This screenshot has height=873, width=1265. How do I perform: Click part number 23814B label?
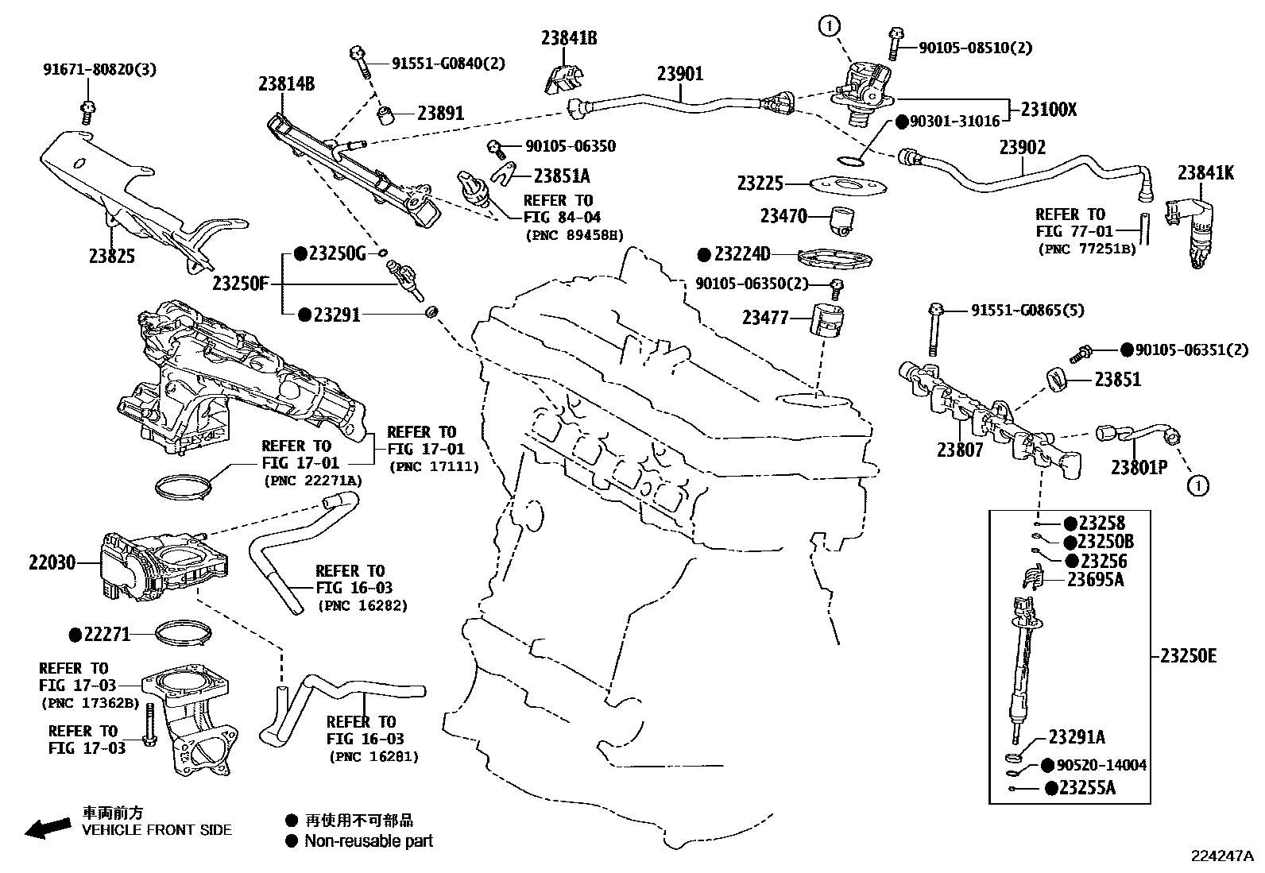[x=286, y=83]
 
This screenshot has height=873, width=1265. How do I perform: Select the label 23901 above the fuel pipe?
[x=679, y=74]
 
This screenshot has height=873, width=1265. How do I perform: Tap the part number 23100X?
[x=1048, y=110]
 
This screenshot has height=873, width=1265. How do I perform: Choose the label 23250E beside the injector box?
[x=1188, y=656]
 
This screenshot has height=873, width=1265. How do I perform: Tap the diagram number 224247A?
[x=1221, y=856]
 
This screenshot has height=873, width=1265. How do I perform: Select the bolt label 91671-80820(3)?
[x=99, y=69]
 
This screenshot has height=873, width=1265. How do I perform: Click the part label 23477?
[x=765, y=318]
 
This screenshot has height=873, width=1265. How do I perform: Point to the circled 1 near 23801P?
[x=1197, y=485]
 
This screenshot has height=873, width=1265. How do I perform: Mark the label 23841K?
[x=1205, y=172]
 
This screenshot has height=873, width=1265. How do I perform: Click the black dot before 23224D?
[x=703, y=255]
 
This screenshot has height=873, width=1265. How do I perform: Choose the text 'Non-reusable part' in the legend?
[x=369, y=840]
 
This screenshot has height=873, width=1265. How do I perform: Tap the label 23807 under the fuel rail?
[x=960, y=450]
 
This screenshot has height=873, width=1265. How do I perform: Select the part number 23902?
[x=1023, y=148]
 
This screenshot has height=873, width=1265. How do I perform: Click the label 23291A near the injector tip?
[x=1077, y=737]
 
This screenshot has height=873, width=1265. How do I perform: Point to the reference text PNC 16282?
[x=362, y=605]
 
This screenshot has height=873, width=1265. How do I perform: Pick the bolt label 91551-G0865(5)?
[x=1027, y=311]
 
